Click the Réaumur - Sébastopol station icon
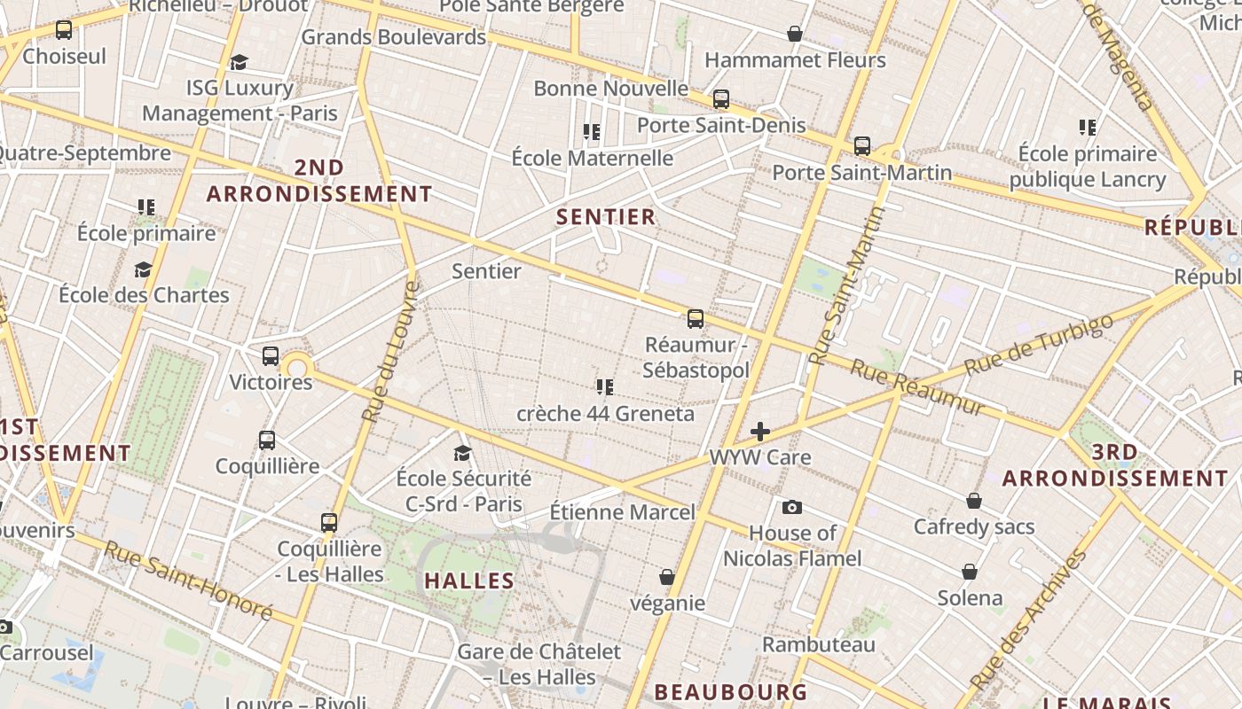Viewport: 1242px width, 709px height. pyautogui.click(x=696, y=318)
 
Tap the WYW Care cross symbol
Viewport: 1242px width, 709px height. pyautogui.click(x=760, y=432)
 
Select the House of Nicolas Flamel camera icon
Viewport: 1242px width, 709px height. pyautogui.click(x=792, y=507)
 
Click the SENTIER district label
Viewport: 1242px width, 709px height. pyautogui.click(x=606, y=216)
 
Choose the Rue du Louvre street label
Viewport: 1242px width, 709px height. pyautogui.click(x=391, y=351)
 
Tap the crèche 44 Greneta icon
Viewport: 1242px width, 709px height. pyautogui.click(x=605, y=386)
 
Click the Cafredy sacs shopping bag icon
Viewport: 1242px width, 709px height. pyautogui.click(x=974, y=501)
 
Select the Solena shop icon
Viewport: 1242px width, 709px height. pyautogui.click(x=970, y=572)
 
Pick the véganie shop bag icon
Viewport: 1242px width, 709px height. pyautogui.click(x=667, y=577)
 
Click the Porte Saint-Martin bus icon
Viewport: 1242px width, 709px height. pyautogui.click(x=862, y=145)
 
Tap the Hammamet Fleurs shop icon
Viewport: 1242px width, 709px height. pyautogui.click(x=795, y=34)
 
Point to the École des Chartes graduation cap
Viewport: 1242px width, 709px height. pyautogui.click(x=143, y=269)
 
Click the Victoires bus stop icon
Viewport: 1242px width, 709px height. pyautogui.click(x=271, y=356)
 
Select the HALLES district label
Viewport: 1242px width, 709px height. pyautogui.click(x=469, y=580)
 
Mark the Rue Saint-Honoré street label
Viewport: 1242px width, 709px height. pyautogui.click(x=188, y=580)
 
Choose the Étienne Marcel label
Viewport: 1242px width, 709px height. pyautogui.click(x=623, y=512)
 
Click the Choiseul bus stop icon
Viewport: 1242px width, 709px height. pyautogui.click(x=64, y=30)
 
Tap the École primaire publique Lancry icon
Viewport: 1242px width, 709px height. pyautogui.click(x=1088, y=128)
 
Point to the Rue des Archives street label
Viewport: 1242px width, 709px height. pyautogui.click(x=1029, y=619)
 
